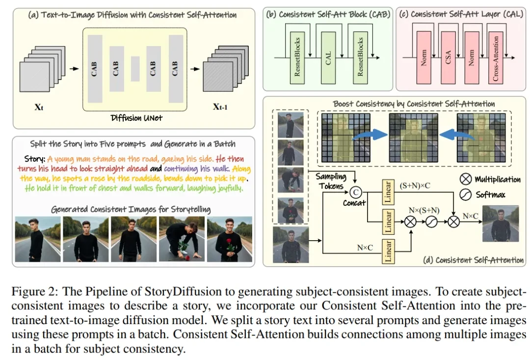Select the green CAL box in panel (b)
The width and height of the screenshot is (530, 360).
click(x=329, y=58)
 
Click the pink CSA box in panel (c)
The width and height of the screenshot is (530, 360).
click(x=448, y=58)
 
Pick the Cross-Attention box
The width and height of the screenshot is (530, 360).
click(x=496, y=58)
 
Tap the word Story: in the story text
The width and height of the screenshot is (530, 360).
click(x=35, y=159)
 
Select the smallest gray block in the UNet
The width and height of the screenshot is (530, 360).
click(x=135, y=68)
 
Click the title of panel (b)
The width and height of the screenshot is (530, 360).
click(x=328, y=14)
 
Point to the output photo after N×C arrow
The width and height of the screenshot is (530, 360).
click(x=500, y=224)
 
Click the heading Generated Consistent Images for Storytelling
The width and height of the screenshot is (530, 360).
click(x=131, y=210)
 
